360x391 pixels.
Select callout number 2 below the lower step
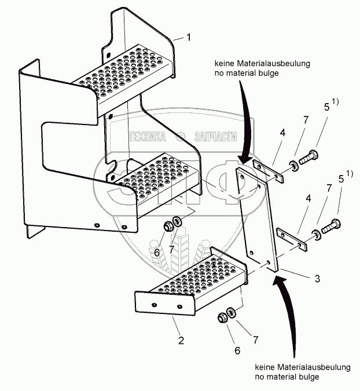click(181, 341)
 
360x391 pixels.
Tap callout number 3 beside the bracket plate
click(317, 279)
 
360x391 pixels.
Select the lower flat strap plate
click(291, 239)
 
